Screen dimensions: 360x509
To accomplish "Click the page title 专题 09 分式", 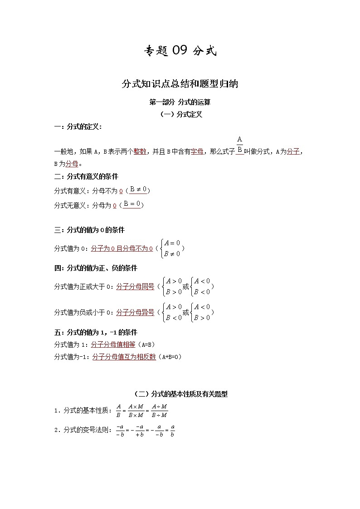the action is [x=180, y=52].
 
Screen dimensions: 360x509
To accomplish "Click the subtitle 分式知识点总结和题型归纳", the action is [x=180, y=84].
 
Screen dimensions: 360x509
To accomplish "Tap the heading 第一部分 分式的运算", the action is [x=180, y=102].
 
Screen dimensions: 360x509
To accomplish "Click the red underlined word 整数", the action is [x=140, y=152].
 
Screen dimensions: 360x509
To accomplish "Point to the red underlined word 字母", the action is [x=197, y=152].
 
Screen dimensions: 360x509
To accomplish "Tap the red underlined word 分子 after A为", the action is [x=293, y=152].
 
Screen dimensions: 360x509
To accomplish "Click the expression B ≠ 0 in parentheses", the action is [x=138, y=190].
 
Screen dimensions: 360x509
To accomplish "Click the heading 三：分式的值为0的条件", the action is [x=89, y=230].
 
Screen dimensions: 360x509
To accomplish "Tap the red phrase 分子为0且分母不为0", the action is [x=122, y=248].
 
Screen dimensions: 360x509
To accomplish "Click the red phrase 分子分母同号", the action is [x=135, y=286].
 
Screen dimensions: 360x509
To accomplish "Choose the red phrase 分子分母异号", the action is [x=135, y=312].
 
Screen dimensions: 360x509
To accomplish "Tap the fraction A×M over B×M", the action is [x=136, y=410].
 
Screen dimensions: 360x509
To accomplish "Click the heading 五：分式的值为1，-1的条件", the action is [x=96, y=332].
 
